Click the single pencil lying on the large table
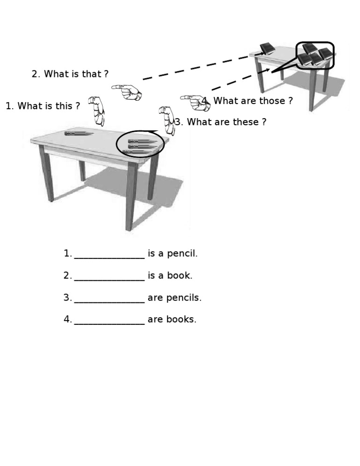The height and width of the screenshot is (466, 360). pyautogui.click(x=78, y=134)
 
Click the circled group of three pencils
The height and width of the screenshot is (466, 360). pyautogui.click(x=140, y=146)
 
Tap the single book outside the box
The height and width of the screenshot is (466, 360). pyautogui.click(x=267, y=48)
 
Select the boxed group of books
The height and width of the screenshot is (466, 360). pyautogui.click(x=315, y=55)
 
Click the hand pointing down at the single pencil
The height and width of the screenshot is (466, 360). pyautogui.click(x=97, y=110)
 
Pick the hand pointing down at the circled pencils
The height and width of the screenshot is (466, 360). pyautogui.click(x=167, y=120)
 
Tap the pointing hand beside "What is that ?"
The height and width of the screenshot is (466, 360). pyautogui.click(x=127, y=91)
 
